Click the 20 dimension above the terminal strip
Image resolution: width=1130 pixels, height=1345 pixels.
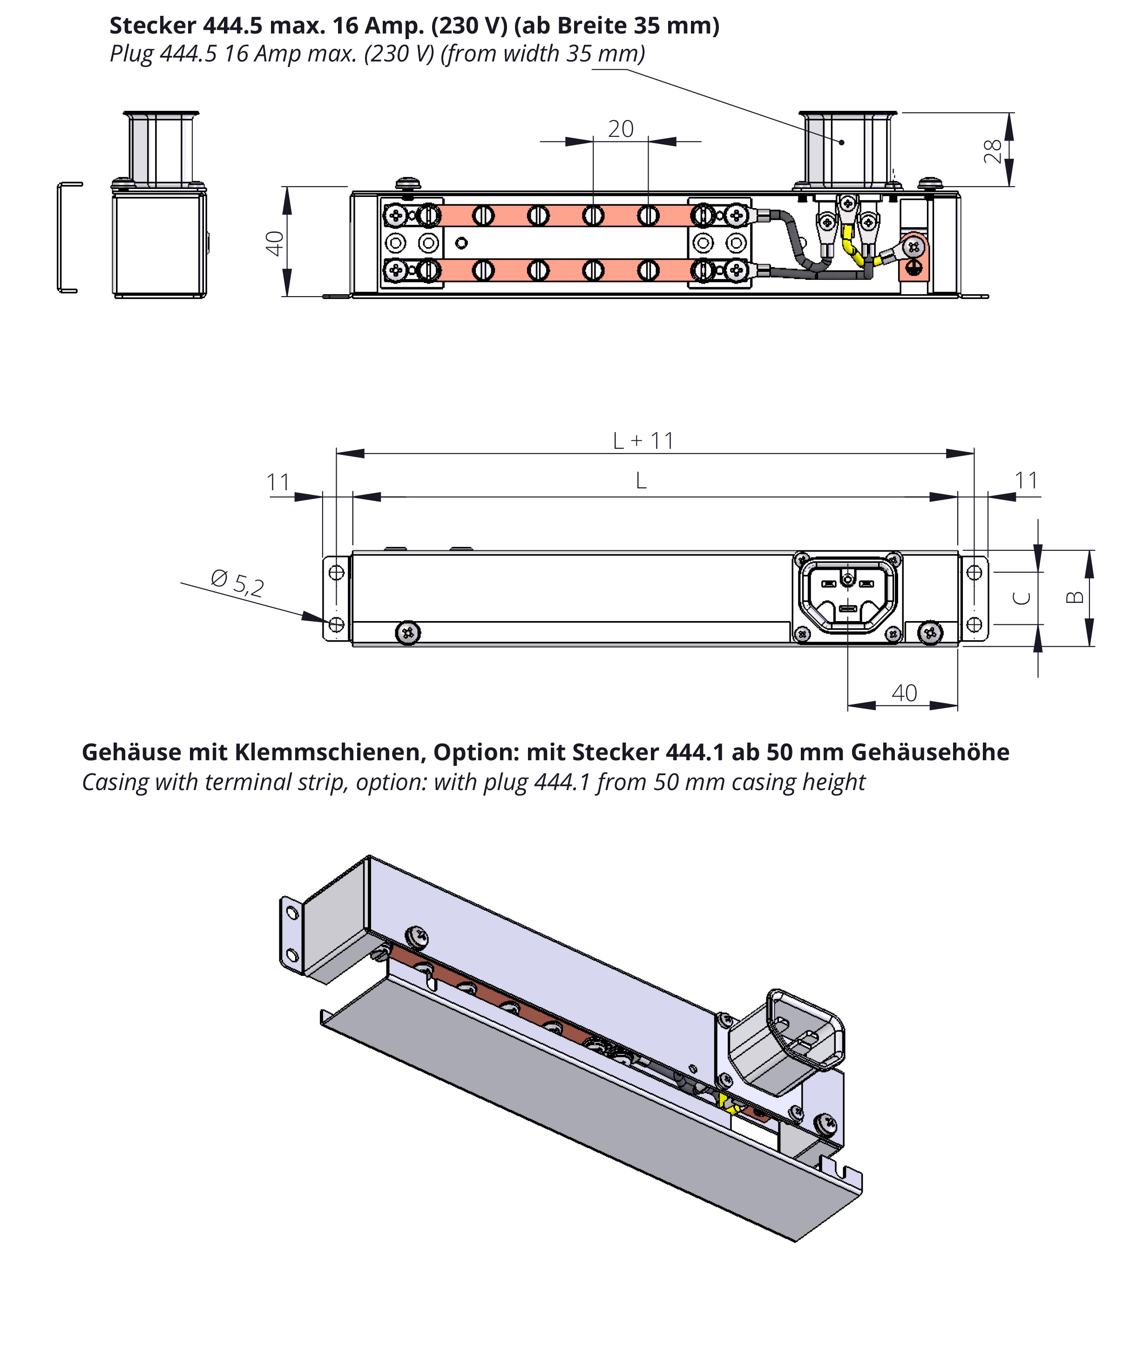[621, 129]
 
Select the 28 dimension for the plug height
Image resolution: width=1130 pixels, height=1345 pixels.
[992, 151]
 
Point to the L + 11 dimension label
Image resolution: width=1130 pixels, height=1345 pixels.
[643, 440]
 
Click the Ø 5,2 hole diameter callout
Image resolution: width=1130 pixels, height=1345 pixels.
[237, 583]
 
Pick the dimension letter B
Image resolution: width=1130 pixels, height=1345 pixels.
[1074, 597]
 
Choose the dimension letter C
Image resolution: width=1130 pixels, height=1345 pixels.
[1021, 598]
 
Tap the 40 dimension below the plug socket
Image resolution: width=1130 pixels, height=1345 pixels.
[904, 692]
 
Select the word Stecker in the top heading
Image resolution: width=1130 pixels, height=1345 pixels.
[152, 26]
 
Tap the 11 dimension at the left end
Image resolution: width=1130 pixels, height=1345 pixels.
[278, 482]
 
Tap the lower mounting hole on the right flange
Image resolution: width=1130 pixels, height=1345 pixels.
[974, 624]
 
